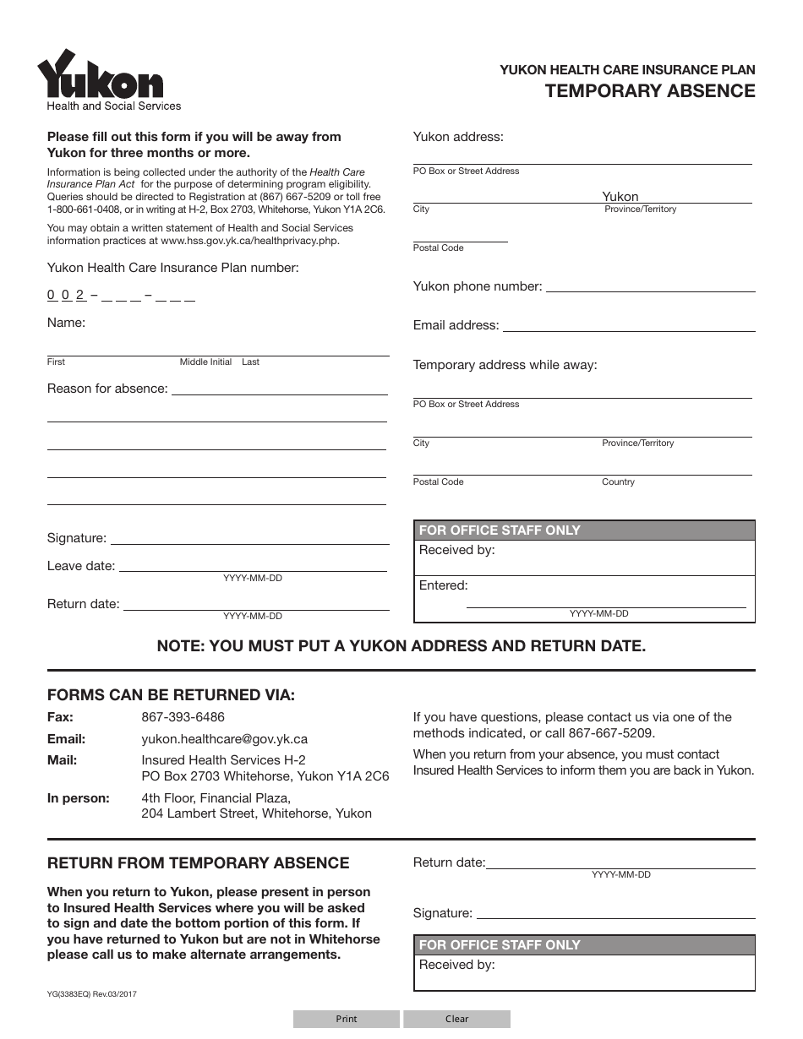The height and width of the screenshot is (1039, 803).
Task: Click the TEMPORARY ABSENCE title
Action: pos(650,91)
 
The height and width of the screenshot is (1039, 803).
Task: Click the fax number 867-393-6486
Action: pos(183,717)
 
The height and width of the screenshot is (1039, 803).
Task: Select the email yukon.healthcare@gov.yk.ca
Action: pos(224,738)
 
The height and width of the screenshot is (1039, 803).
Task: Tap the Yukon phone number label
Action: pos(477,286)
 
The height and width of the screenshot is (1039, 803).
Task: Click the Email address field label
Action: pos(456,325)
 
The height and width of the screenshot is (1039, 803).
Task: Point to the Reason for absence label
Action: pos(107,389)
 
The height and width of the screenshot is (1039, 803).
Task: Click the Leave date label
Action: pos(80,566)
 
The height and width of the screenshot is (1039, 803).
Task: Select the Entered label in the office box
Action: pos(443,585)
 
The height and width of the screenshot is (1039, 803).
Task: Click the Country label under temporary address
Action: pos(618,481)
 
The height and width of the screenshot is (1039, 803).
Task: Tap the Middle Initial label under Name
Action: pos(205,362)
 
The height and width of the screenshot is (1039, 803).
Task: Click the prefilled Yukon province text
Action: pos(620,196)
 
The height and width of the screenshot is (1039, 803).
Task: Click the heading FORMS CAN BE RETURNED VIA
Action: pos(171,695)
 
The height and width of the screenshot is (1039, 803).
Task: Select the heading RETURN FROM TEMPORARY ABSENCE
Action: pos(198,862)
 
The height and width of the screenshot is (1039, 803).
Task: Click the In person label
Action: pos(78,797)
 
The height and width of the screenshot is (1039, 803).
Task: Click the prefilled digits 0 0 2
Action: pos(66,295)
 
